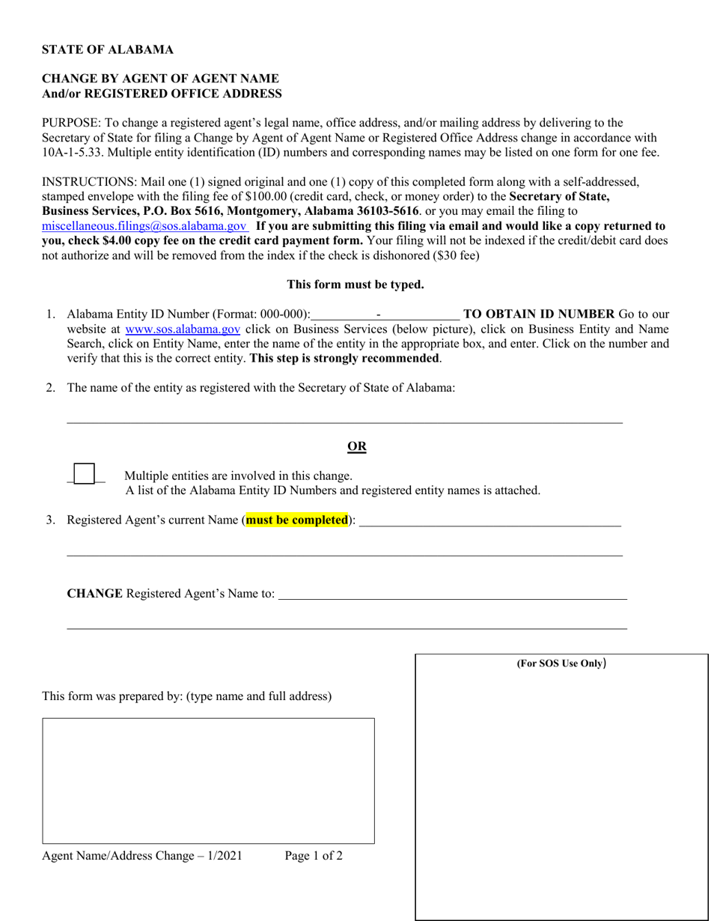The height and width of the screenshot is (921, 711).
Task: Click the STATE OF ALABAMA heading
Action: [x=107, y=50]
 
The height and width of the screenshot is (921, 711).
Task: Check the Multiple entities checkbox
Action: [x=85, y=474]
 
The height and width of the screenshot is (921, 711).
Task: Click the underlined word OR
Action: [x=357, y=447]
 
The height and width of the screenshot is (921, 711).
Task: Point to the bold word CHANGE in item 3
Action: [x=94, y=594]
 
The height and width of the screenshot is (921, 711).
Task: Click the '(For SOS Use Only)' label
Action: [x=561, y=663]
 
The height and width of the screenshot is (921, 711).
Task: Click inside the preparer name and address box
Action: [x=208, y=781]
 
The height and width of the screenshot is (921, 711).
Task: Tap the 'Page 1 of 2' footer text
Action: [x=314, y=856]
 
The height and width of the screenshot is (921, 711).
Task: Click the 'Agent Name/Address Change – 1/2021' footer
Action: [x=142, y=856]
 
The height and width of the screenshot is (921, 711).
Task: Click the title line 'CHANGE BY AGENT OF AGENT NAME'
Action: [x=160, y=79]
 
